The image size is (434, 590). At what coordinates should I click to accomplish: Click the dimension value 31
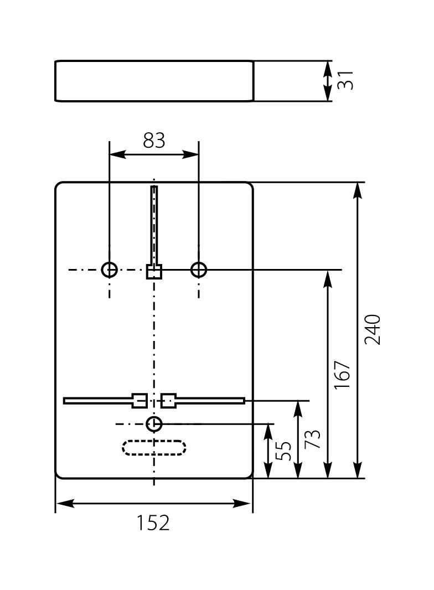[x=345, y=81]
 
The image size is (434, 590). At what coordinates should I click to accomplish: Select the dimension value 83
[x=154, y=141]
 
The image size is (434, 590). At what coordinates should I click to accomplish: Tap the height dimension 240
[x=373, y=329]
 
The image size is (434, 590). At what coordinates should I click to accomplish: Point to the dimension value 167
[x=343, y=374]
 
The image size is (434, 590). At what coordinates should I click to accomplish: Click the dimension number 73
[x=313, y=439]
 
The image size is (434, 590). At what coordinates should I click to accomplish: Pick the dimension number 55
[x=283, y=451]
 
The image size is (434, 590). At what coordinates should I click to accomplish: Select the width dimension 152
[x=153, y=522]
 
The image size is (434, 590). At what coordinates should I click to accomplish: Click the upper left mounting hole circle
[x=110, y=270]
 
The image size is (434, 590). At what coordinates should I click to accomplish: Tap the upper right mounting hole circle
[x=199, y=270]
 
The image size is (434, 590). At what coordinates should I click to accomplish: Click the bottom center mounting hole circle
[x=154, y=424]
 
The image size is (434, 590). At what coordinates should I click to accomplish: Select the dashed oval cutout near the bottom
[x=154, y=447]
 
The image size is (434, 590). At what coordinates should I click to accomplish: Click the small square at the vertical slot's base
[x=154, y=272]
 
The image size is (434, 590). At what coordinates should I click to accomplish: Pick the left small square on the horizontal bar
[x=139, y=400]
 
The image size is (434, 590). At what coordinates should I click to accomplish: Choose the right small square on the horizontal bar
[x=169, y=400]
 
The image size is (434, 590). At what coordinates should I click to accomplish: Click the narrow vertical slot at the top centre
[x=154, y=224]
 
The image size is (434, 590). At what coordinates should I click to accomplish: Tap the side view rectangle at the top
[x=154, y=81]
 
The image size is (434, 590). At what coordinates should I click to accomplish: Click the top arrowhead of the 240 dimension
[x=358, y=189]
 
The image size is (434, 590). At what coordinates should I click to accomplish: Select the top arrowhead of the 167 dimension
[x=328, y=277]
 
